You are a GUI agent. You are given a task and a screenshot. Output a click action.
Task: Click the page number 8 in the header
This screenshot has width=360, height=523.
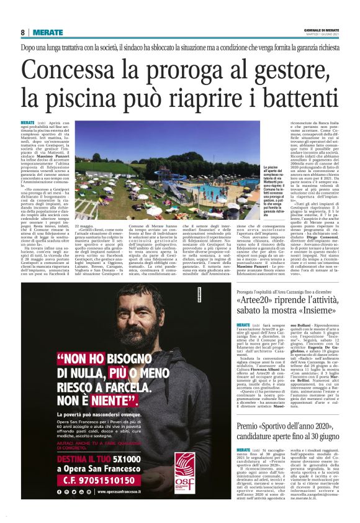click(x=22, y=32)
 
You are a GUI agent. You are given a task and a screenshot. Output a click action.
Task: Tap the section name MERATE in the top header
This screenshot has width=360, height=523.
click(x=47, y=32)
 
